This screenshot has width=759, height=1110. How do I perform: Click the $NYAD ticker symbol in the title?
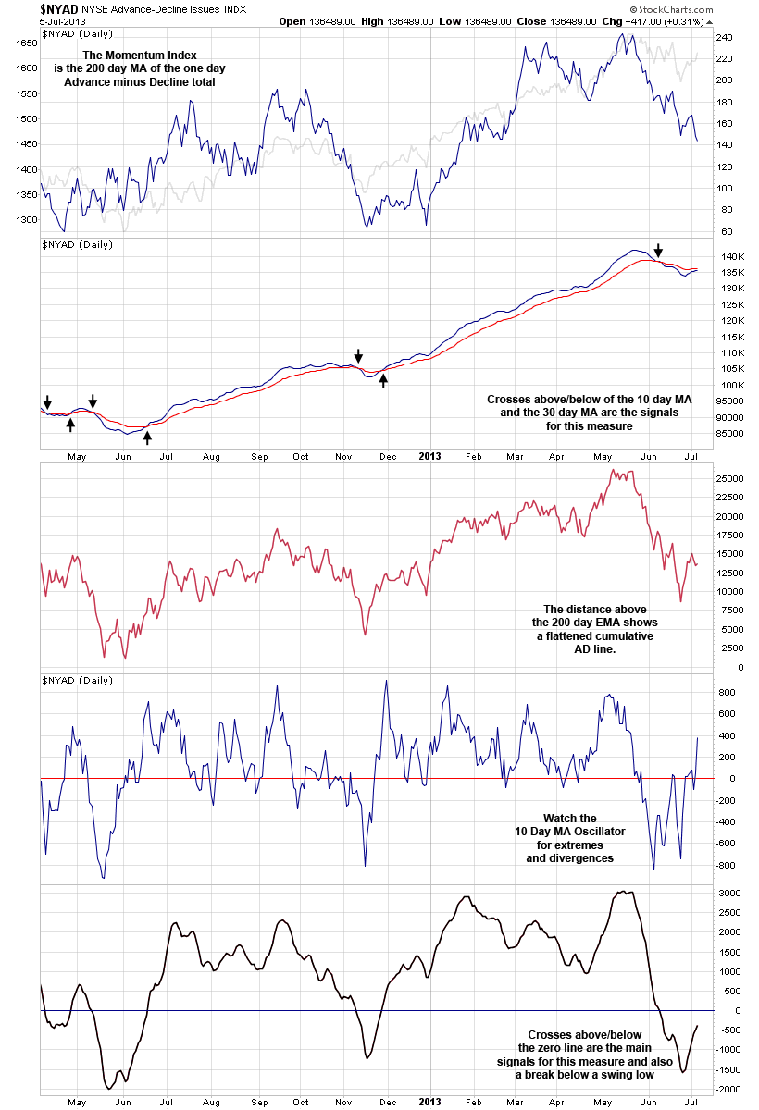coord(58,9)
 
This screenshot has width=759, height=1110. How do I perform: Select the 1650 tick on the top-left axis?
coord(26,43)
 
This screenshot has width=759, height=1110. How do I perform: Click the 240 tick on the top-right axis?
coord(724,38)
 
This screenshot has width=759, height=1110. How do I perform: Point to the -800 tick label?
coord(728,865)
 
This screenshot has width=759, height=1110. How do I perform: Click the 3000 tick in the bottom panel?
coord(729,893)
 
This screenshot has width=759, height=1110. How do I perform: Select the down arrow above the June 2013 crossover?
coord(658,251)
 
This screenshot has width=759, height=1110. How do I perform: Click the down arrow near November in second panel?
coord(359,356)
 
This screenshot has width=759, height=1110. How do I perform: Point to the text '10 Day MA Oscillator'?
coord(569,832)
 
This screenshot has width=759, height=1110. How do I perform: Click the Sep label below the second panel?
coord(259,456)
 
